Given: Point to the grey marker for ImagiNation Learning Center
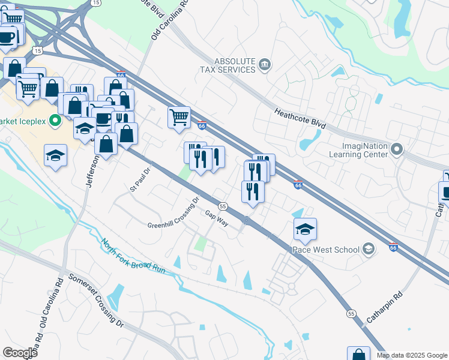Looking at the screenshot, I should tap(396, 148).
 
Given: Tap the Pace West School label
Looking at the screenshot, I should tap(325, 250).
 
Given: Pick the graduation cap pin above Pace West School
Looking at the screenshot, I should tap(305, 229).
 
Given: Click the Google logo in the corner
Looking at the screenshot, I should tap(20, 353).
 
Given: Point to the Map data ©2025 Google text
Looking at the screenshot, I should tap(412, 355).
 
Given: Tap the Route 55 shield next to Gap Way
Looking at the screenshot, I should tap(223, 206).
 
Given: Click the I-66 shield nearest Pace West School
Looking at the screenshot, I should tap(393, 247).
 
